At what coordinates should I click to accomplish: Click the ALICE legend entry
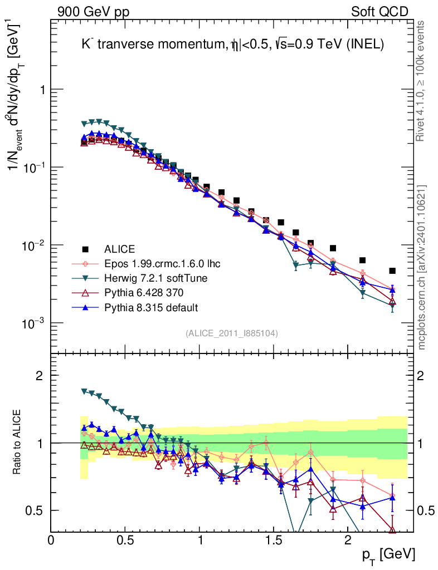pyautogui.click(x=120, y=249)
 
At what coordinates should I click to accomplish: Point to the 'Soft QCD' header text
pyautogui.click(x=379, y=12)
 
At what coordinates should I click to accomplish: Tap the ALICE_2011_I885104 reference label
pyautogui.click(x=232, y=333)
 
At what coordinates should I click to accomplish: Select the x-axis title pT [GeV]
pyautogui.click(x=388, y=554)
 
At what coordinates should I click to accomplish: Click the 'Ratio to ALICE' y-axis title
pyautogui.click(x=20, y=443)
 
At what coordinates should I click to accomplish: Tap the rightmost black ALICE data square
pyautogui.click(x=392, y=271)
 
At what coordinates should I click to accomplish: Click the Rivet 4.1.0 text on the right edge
pyautogui.click(x=421, y=81)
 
